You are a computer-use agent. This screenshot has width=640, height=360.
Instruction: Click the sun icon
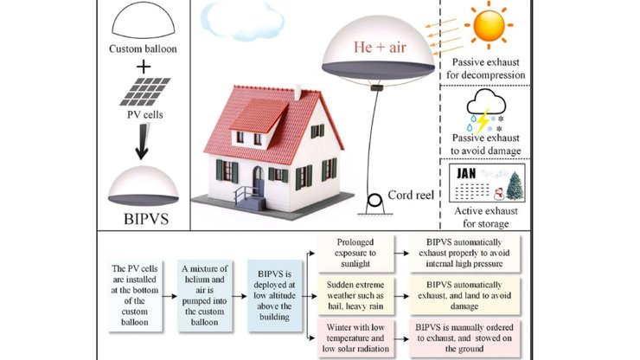pos(495,27)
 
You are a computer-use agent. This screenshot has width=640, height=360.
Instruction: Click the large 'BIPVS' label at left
pos(144,220)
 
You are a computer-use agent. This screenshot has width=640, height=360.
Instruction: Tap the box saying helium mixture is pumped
pos(208,294)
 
